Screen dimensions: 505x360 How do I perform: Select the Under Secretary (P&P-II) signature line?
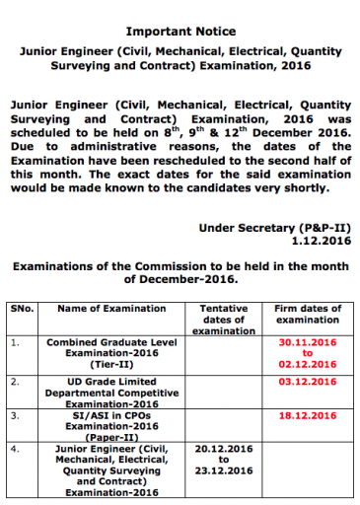(x=274, y=226)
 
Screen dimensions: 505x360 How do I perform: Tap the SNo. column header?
(x=22, y=309)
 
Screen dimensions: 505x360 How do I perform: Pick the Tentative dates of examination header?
(x=224, y=320)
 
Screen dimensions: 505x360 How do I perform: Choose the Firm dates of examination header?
(x=307, y=314)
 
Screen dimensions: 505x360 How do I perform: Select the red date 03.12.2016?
(x=308, y=380)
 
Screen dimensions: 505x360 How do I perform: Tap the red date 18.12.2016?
(x=308, y=417)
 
